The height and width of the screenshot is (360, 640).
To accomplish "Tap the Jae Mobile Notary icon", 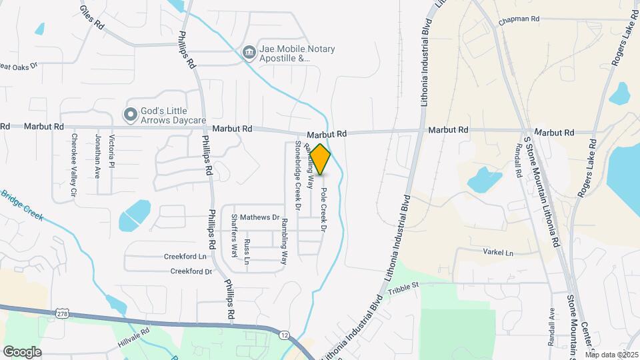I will (249, 51).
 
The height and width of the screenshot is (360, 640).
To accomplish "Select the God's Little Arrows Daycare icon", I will (129, 115).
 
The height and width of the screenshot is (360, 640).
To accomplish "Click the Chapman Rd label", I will (518, 20).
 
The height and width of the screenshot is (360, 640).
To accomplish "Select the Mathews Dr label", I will (259, 217).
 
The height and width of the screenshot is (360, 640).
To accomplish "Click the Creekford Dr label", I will (191, 271).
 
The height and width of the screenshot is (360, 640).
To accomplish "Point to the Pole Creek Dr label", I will (323, 209).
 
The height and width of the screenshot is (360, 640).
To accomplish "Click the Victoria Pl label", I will (112, 150).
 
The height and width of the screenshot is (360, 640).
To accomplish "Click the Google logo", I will (22, 351).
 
